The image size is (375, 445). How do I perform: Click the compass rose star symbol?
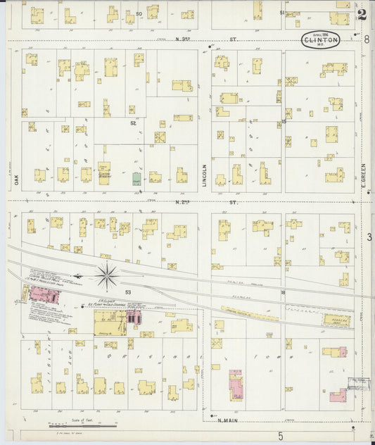pyautogui.click(x=107, y=275)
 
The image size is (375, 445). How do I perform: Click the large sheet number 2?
pyautogui.click(x=362, y=13)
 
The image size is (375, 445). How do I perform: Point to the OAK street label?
pyautogui.click(x=14, y=180)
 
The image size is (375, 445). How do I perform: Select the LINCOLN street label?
pyautogui.click(x=205, y=177)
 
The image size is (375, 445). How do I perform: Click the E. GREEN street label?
pyautogui.click(x=364, y=176)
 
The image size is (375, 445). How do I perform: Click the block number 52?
pyautogui.click(x=132, y=123)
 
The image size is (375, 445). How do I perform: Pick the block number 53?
pyautogui.click(x=128, y=291)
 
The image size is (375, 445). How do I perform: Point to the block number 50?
pyautogui.click(x=139, y=14)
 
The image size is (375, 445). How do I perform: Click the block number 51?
pyautogui.click(x=282, y=13)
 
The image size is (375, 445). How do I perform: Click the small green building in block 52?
pyautogui.click(x=136, y=179)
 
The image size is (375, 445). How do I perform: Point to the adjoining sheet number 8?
pyautogui.click(x=367, y=40)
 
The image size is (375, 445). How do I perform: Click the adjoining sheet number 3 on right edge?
pyautogui.click(x=369, y=237)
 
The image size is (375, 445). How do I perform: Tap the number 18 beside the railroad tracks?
pyautogui.click(x=284, y=292)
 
